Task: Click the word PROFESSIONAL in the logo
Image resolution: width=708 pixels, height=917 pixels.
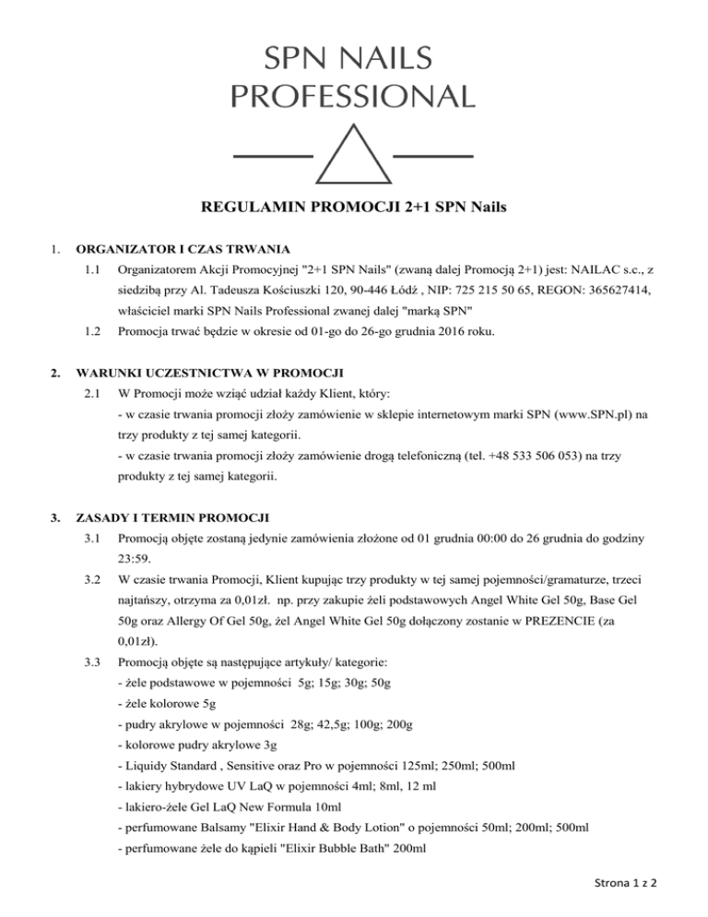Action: (x=354, y=95)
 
